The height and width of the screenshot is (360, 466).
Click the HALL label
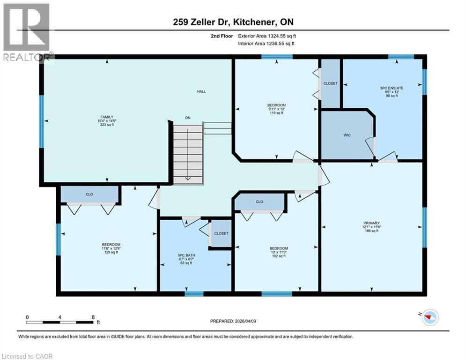pos(201,92)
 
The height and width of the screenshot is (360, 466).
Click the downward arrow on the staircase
pos(188,155)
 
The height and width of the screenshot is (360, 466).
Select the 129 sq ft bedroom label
pos(111,248)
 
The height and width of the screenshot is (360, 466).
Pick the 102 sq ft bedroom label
pos(278,252)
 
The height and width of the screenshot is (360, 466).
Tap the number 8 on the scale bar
pos(93,317)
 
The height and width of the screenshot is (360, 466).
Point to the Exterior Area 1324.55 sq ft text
pos(267,36)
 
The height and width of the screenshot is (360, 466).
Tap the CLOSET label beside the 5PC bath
pos(221,233)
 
